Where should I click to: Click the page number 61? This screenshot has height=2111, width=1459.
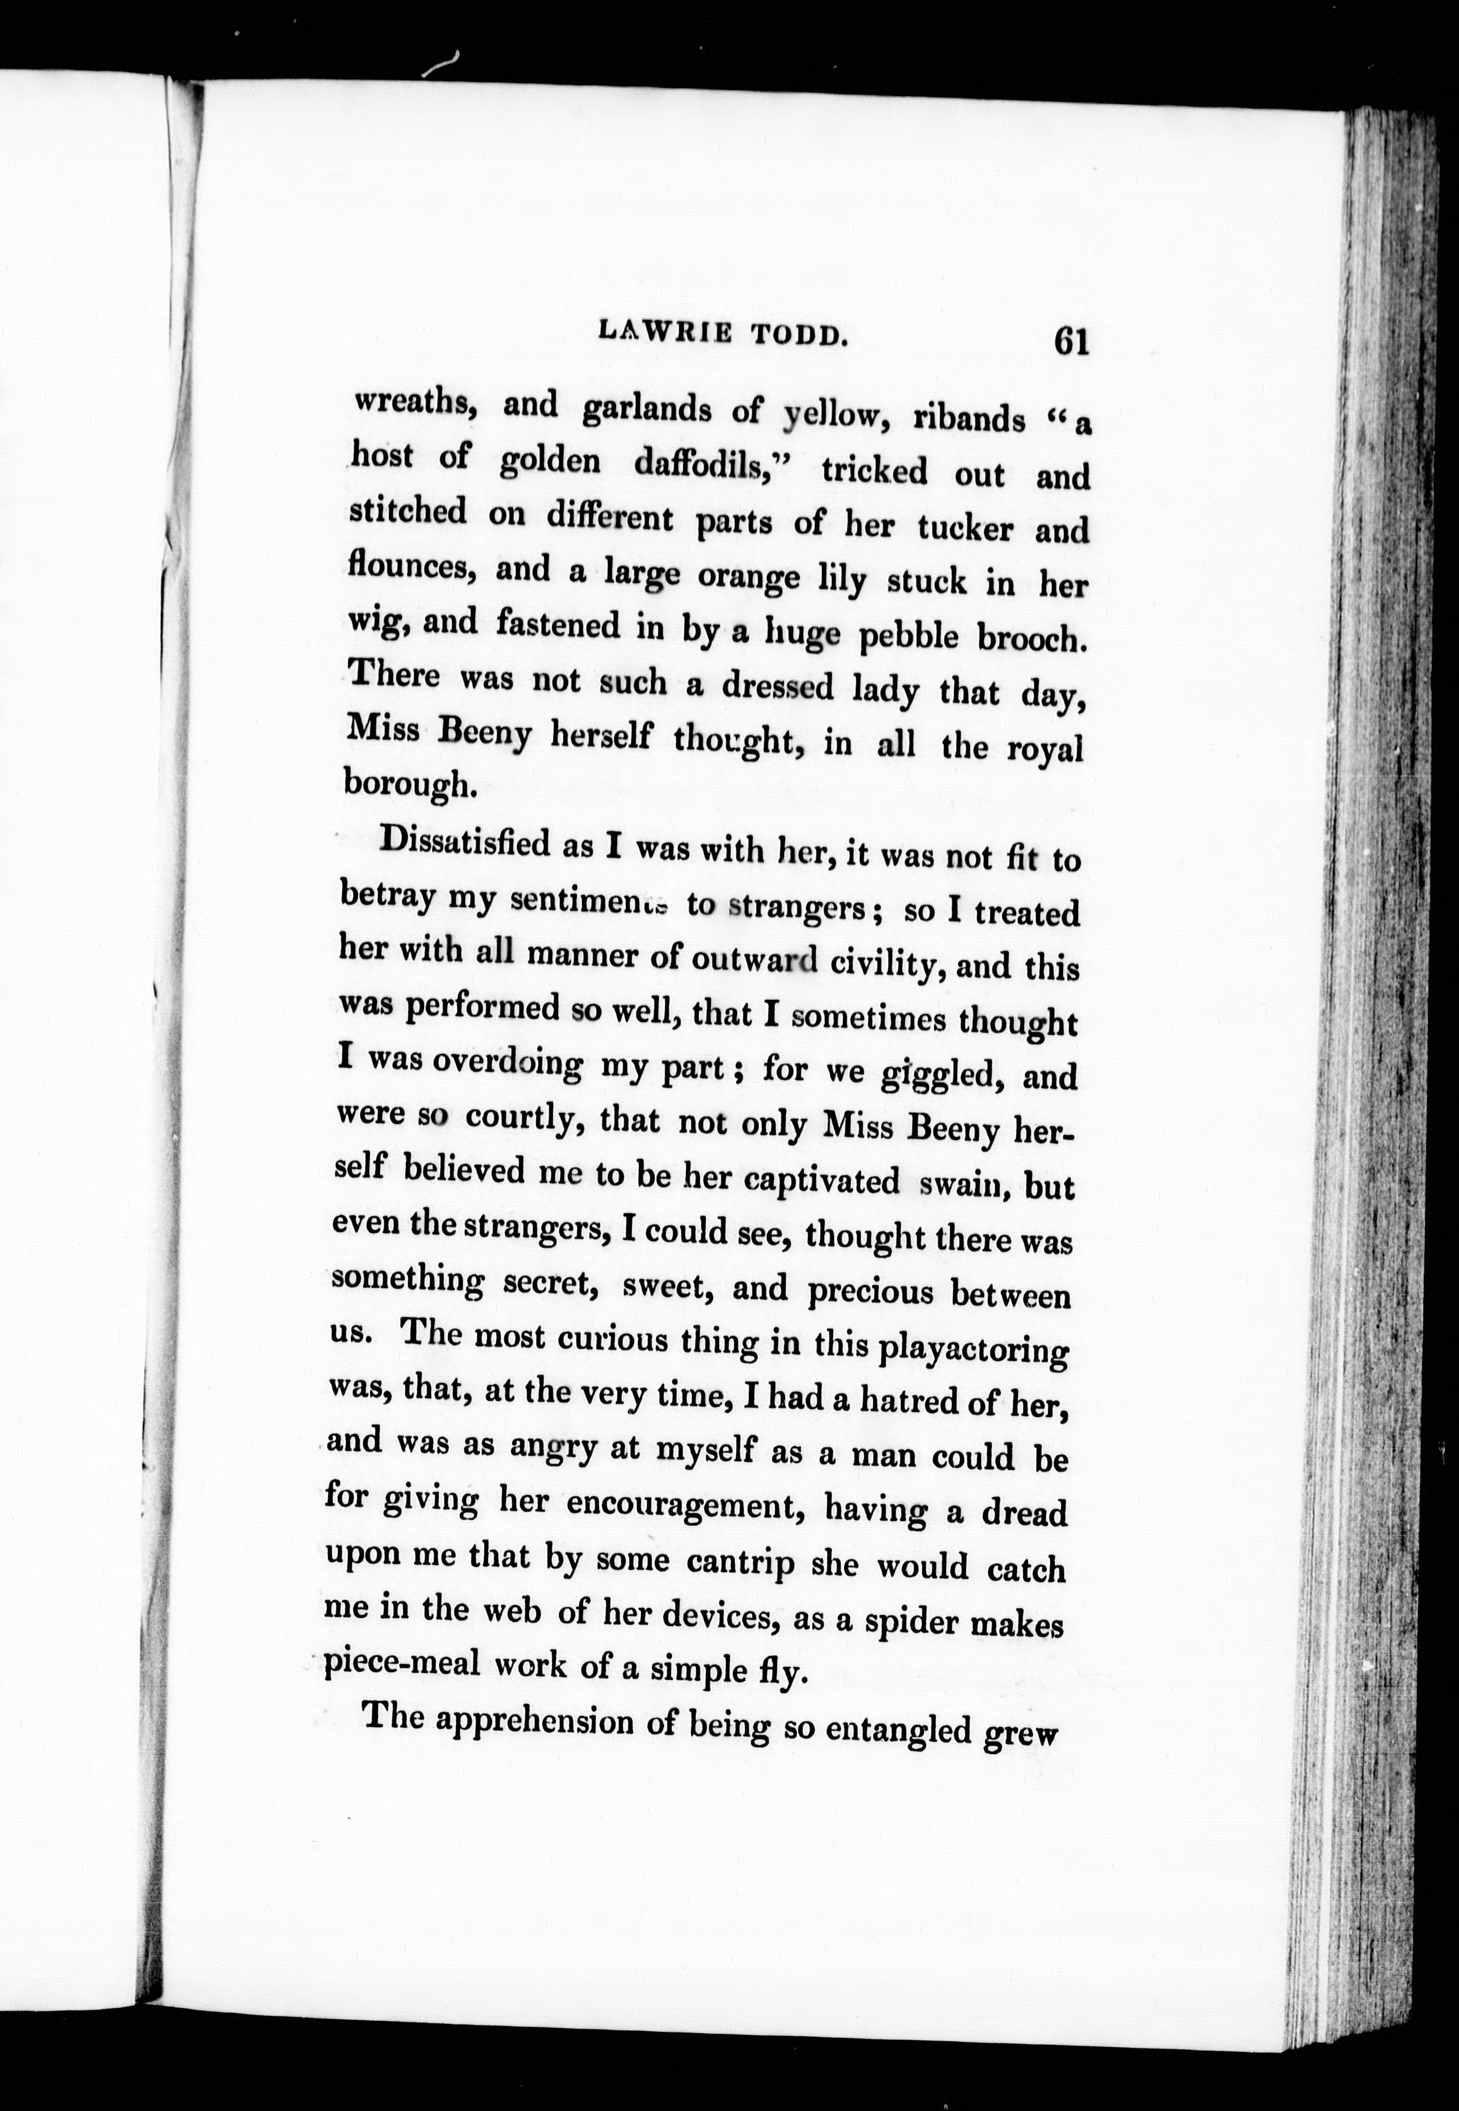pyautogui.click(x=1071, y=341)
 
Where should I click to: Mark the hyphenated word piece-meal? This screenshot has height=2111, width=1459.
pyautogui.click(x=403, y=1662)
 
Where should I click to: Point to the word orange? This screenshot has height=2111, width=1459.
pyautogui.click(x=748, y=577)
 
